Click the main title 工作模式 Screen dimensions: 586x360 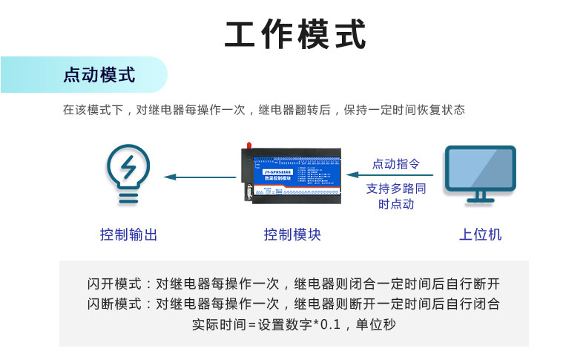tap(295, 35)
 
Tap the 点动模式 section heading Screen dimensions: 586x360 tap(99, 75)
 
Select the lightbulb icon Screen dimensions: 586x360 tap(129, 174)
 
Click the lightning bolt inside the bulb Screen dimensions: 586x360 tap(129, 167)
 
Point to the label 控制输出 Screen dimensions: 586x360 tap(129, 235)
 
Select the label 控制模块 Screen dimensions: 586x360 tap(292, 235)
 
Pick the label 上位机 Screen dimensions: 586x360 tap(480, 235)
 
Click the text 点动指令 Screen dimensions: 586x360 tap(395, 164)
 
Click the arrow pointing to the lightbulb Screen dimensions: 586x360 tap(200, 177)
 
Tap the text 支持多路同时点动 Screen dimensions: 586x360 tap(396, 196)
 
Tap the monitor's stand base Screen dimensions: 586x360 tap(480, 200)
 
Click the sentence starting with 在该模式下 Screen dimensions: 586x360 tap(263, 110)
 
